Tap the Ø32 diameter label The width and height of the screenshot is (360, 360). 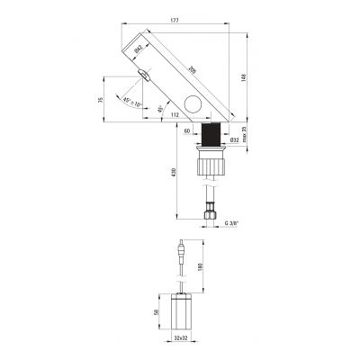(236, 140)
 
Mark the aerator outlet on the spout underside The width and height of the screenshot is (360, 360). (141, 82)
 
